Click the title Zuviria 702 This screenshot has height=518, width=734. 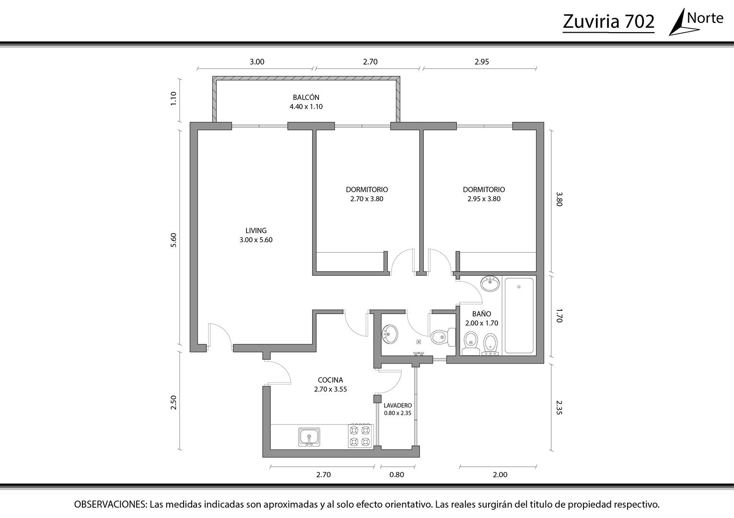pyautogui.click(x=608, y=22)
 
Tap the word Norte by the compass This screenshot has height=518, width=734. pyautogui.click(x=705, y=18)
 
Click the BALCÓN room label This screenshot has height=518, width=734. pyautogui.click(x=306, y=97)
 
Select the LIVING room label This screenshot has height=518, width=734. pyautogui.click(x=256, y=231)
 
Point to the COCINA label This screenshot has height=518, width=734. pyautogui.click(x=330, y=380)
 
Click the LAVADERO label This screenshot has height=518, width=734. pyautogui.click(x=397, y=406)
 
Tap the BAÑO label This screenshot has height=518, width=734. pyautogui.click(x=482, y=314)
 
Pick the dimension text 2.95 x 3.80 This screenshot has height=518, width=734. pyautogui.click(x=484, y=199)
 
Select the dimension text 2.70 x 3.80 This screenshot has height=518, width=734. pyautogui.click(x=367, y=199)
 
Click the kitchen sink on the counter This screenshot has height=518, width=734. pyautogui.click(x=309, y=436)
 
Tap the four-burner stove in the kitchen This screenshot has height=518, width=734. pyautogui.click(x=360, y=436)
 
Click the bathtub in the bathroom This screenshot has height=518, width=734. pyautogui.click(x=519, y=316)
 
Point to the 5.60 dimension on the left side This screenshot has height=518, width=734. pyautogui.click(x=174, y=240)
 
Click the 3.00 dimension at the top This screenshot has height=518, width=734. pyautogui.click(x=257, y=62)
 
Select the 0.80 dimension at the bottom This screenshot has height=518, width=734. pyautogui.click(x=397, y=474)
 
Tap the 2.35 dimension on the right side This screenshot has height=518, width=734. pyautogui.click(x=559, y=408)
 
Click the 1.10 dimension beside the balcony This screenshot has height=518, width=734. pyautogui.click(x=174, y=98)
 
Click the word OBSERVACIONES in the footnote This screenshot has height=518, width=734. pyautogui.click(x=111, y=505)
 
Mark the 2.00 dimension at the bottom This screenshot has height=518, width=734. pyautogui.click(x=500, y=474)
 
